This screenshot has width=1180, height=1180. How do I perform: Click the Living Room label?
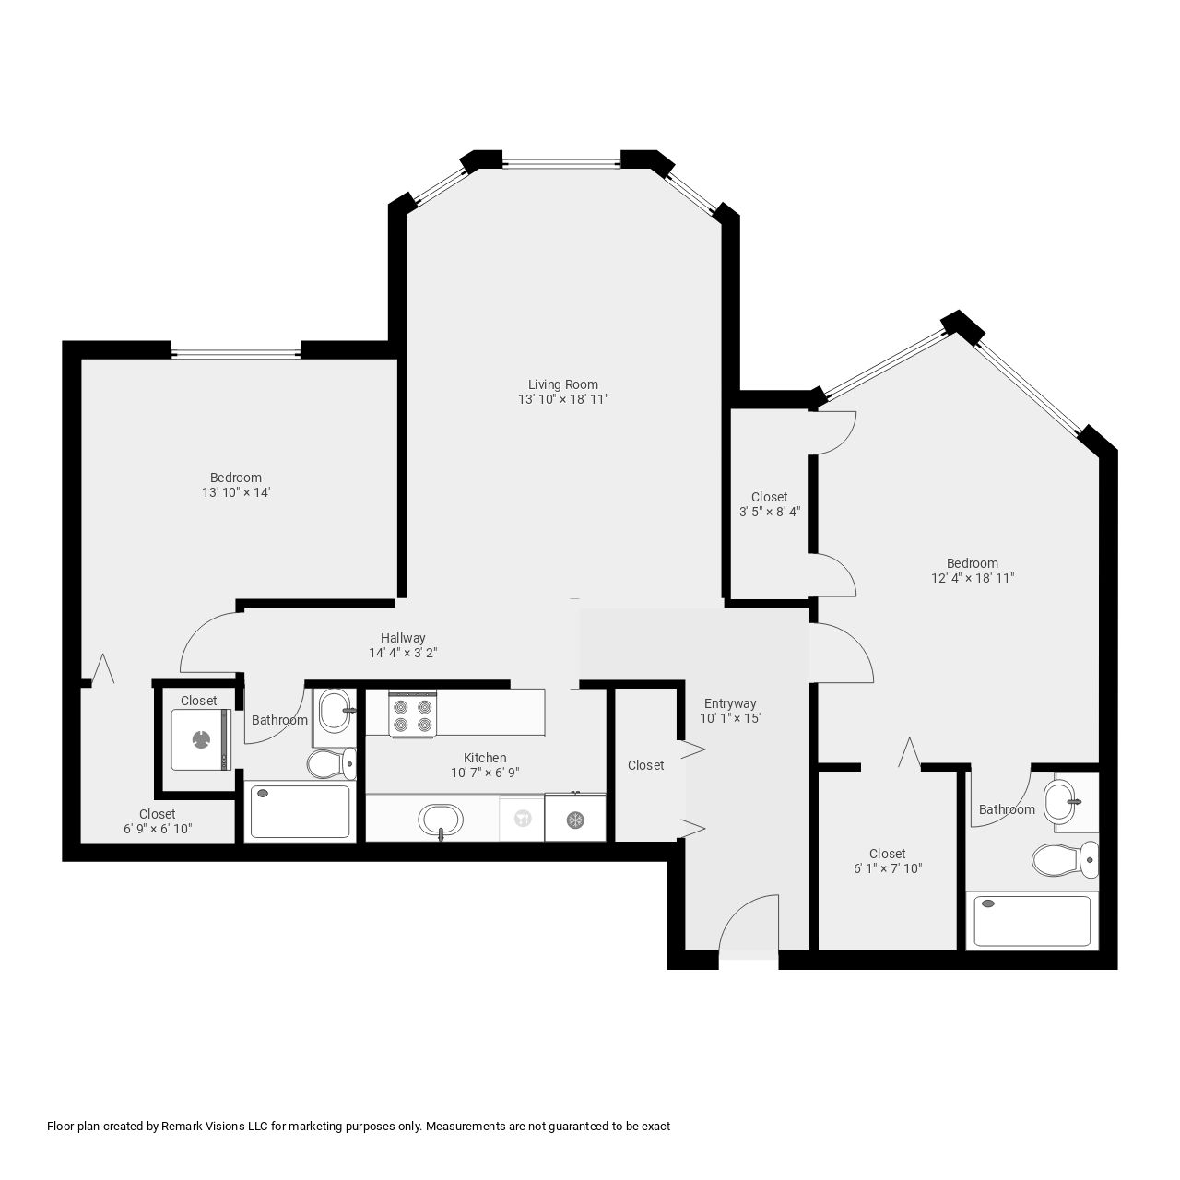(562, 384)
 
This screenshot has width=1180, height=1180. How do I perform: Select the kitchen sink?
(441, 818)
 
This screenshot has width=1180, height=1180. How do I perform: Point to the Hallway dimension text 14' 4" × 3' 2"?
(403, 653)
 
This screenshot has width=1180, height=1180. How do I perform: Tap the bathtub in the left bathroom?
(300, 811)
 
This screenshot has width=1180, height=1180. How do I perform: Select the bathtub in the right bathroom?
(1032, 920)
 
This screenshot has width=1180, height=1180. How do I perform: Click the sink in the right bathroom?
(1061, 796)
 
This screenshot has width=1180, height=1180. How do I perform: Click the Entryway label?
(730, 703)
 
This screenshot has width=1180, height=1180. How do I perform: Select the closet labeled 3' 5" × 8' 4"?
(769, 504)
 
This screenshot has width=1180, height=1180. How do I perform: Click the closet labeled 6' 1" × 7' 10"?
(887, 861)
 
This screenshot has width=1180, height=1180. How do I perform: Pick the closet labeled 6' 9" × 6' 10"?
(157, 821)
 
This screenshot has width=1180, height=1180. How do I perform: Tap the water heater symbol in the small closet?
(200, 738)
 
